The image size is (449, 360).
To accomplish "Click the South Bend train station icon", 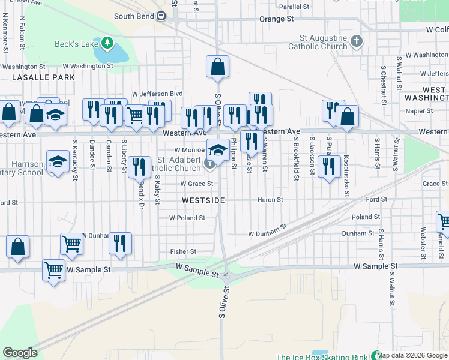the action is coord(161,16).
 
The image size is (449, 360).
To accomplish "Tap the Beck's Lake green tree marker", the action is coord(107,43).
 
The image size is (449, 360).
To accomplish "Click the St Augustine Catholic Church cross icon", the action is coord(357,41).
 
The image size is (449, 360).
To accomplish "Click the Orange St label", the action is coord(276,19).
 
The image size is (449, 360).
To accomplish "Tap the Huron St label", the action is coord(270,200).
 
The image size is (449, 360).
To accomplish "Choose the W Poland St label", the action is coord(187,218).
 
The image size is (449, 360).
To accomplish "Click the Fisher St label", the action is coord(183,251).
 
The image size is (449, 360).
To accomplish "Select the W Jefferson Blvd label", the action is coord(157,94).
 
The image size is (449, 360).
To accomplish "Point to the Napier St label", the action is coord(419,111).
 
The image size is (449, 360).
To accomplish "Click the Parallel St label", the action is coord(294,7).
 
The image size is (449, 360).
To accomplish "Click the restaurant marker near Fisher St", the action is coord(120,244).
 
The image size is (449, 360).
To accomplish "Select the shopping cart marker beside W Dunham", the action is coord(71,244).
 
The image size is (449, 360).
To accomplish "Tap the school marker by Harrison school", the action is coord(58,163).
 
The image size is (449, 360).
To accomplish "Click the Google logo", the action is coord(20,353).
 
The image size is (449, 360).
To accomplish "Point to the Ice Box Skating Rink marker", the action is coord(376,356).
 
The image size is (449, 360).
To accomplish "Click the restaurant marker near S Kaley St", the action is coord(139,167).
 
